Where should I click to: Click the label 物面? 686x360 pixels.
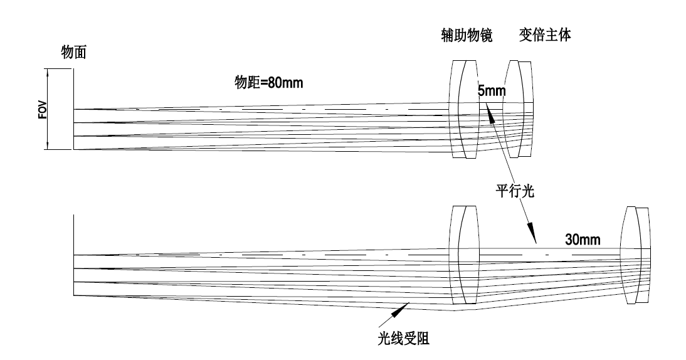point(73,53)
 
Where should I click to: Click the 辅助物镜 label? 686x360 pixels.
point(465,36)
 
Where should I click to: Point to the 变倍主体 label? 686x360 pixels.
point(544,36)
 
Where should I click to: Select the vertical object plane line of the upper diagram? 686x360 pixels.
point(74,110)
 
